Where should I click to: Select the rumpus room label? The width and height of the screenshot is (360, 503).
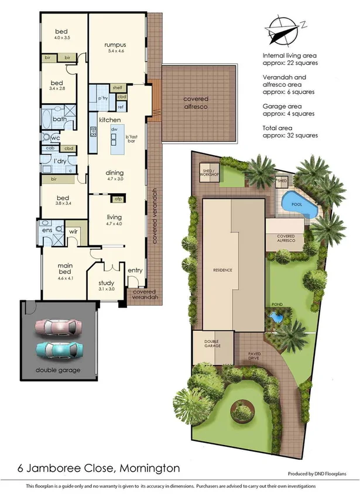click(115, 45)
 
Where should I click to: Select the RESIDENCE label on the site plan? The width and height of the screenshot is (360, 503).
click(222, 270)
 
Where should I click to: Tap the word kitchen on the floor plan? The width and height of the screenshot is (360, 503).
click(109, 120)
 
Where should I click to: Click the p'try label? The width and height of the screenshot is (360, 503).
click(104, 98)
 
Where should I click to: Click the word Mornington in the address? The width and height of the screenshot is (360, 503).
click(141, 468)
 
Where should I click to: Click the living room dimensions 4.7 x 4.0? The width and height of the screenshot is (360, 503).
click(114, 223)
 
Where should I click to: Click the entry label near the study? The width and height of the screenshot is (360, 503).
click(135, 270)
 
